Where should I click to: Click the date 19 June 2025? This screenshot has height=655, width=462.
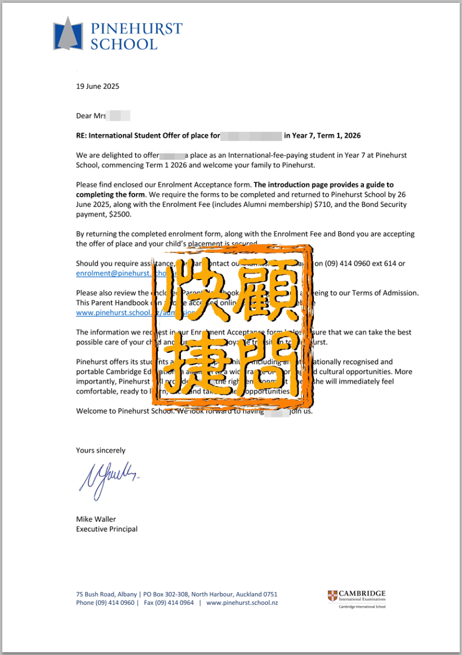coord(97,87)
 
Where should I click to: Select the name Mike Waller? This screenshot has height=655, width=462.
coord(96,519)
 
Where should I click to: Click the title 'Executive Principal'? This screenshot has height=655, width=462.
coord(106,529)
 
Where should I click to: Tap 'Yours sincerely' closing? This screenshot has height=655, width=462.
coord(101,450)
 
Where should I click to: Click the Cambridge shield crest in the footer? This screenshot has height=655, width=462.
coord(332,596)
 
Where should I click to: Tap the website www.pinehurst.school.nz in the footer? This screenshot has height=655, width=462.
coord(242,603)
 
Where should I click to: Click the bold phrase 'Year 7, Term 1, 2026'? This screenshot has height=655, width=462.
coord(322,136)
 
